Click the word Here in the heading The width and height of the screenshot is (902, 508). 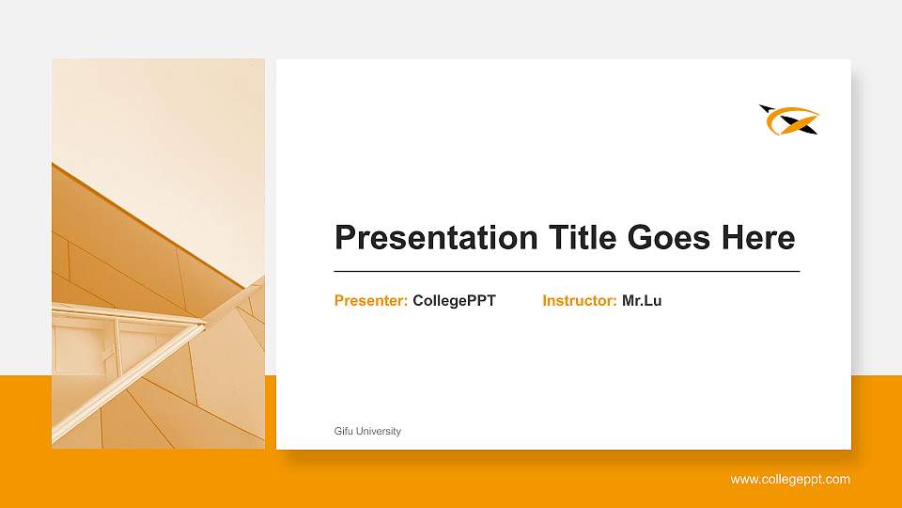coord(758,238)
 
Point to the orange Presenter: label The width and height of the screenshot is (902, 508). coord(371,301)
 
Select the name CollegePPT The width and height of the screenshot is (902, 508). coord(454,301)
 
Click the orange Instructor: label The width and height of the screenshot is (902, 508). coord(580,301)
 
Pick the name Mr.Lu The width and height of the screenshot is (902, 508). coord(642,301)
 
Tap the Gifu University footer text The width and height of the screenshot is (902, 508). coord(367,431)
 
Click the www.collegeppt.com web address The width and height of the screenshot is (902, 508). coord(790,480)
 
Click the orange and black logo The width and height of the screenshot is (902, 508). coord(789,119)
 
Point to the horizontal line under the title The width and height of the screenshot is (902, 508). coord(567,271)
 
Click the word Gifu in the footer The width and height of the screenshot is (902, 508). coord(343,431)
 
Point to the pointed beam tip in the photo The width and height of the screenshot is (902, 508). coord(202,325)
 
